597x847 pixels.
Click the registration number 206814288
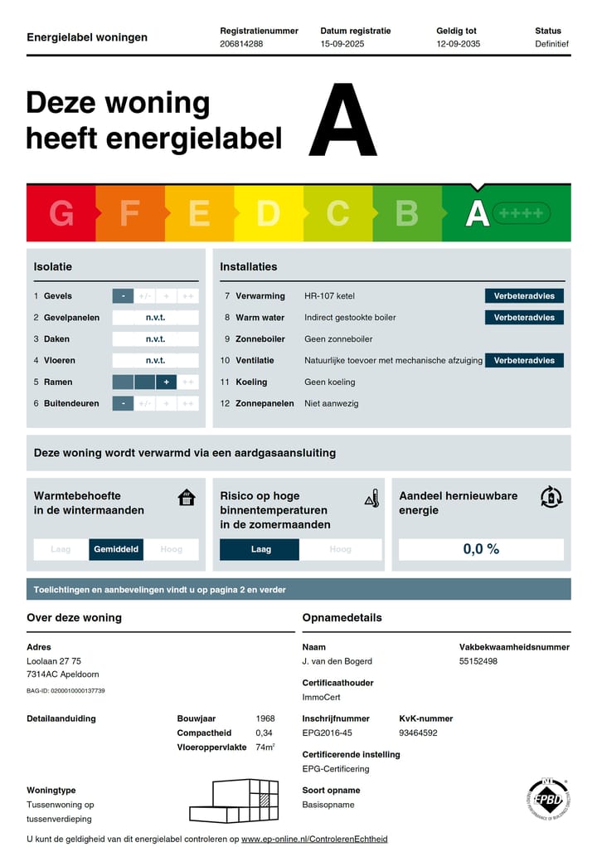241,44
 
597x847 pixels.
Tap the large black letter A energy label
342,120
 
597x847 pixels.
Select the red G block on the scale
61,214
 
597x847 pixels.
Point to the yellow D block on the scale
268,214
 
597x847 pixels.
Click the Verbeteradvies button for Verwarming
524,296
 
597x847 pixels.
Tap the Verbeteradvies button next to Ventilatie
524,361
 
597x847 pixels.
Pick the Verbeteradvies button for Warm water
524,318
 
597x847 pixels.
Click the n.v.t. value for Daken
155,339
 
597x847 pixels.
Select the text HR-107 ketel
329,296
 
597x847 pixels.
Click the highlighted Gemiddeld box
117,549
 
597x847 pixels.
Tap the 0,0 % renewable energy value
481,549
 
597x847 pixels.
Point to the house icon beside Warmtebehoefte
187,498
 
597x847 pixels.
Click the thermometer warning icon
371,498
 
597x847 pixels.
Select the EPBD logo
547,798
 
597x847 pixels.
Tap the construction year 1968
265,718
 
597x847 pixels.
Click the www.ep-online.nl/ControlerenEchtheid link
314,840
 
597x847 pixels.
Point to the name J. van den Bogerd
337,661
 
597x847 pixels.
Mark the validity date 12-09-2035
458,44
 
